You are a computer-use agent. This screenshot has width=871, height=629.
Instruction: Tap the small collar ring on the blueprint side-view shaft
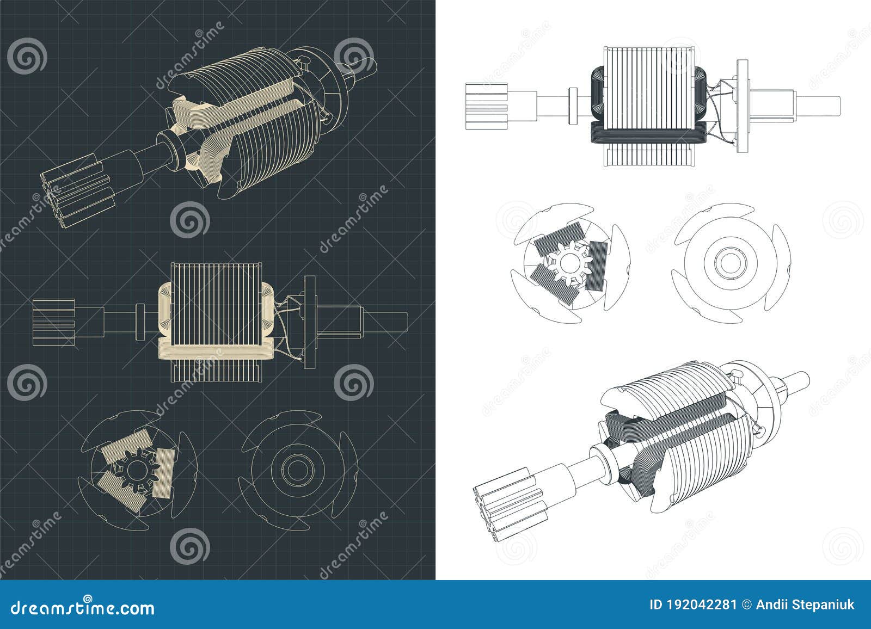point(139,318)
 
